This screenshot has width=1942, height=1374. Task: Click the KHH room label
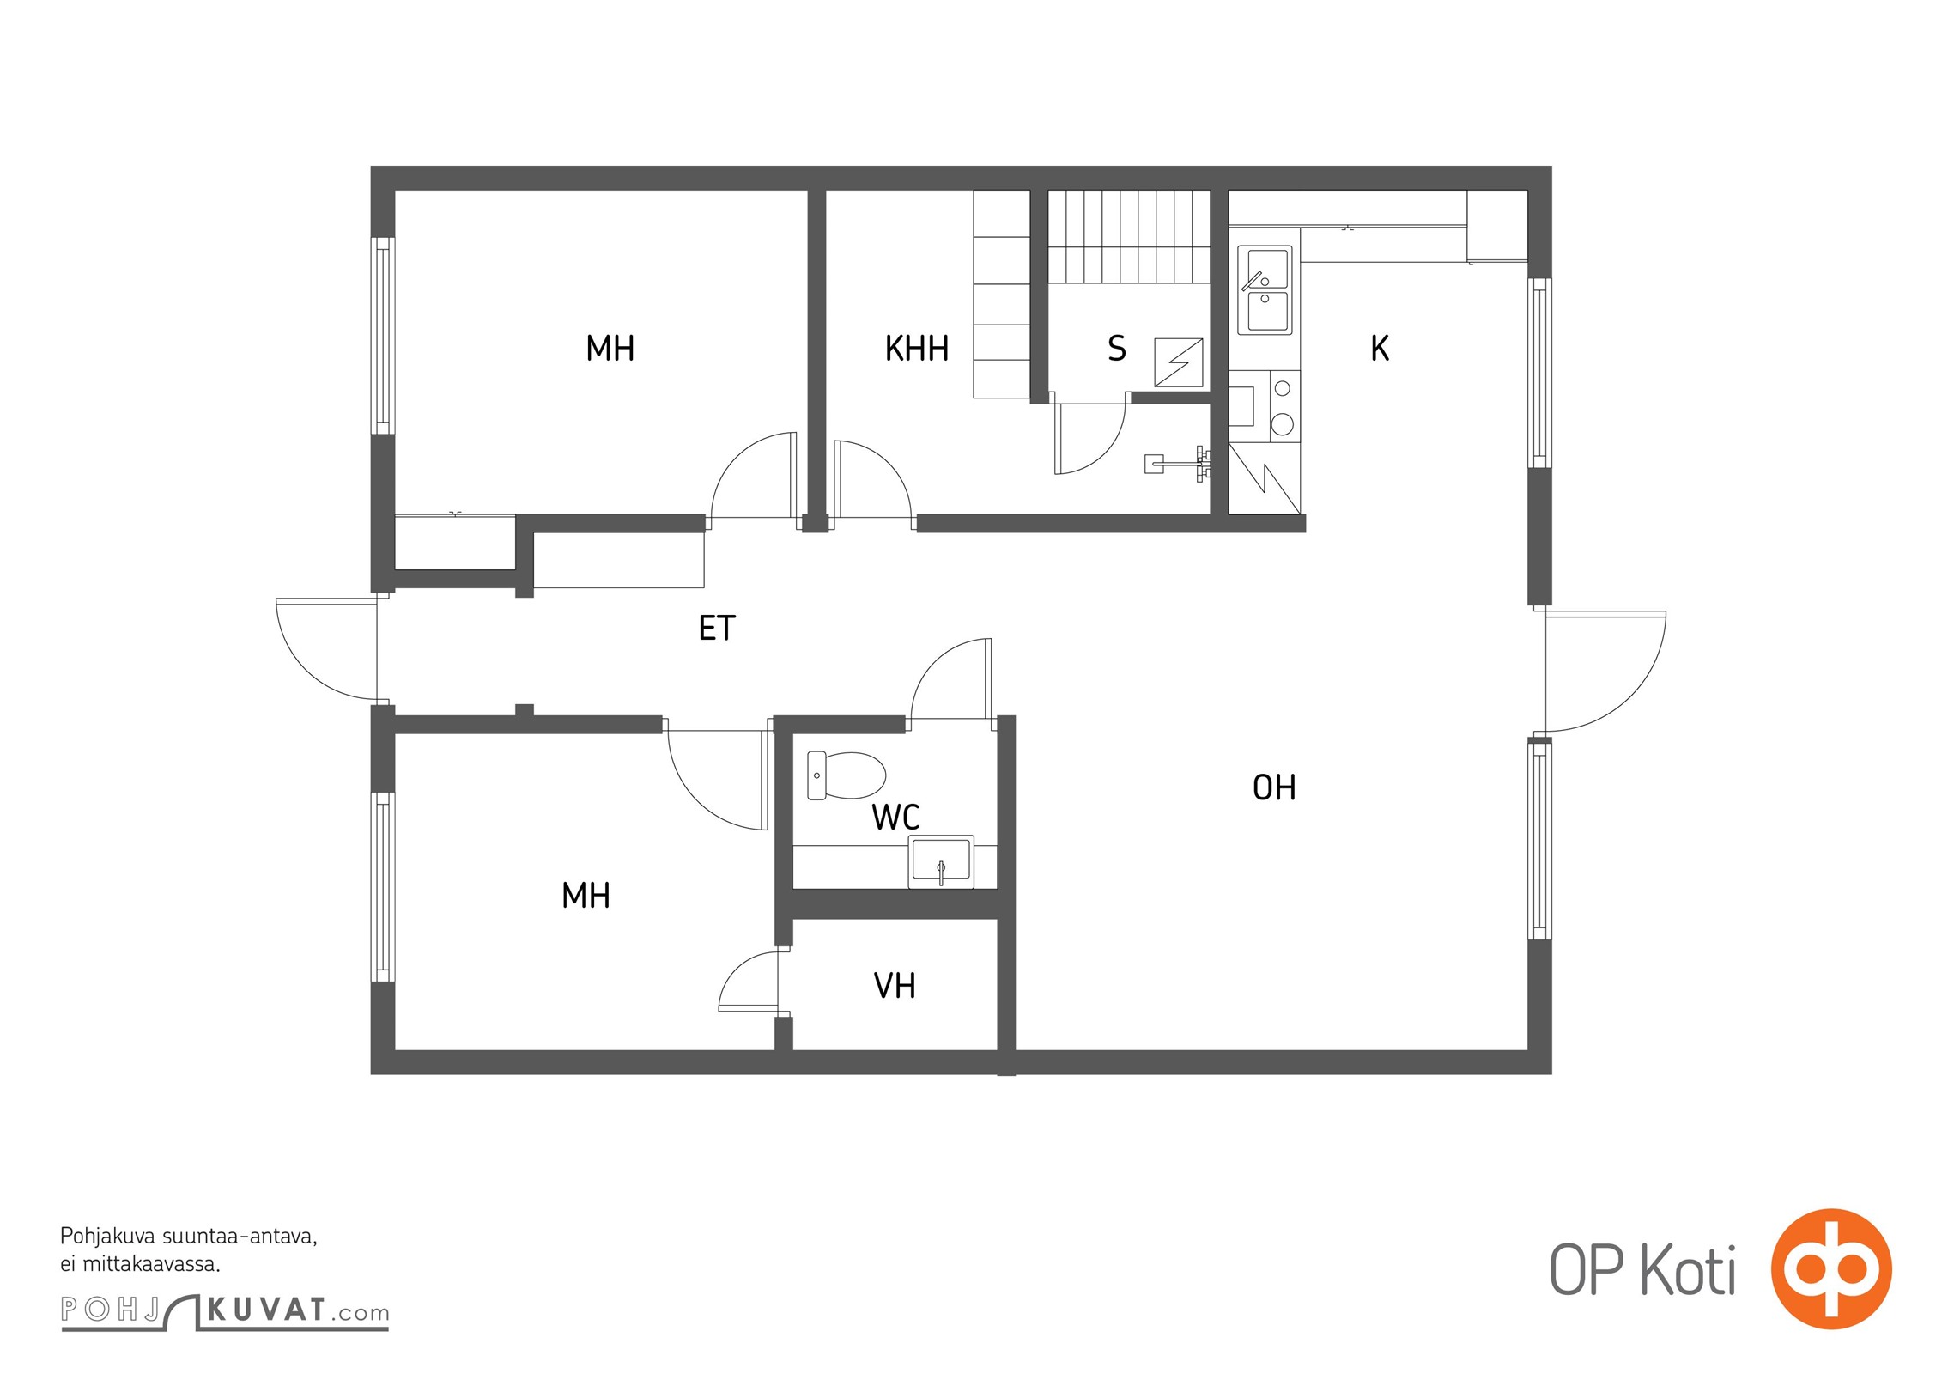tap(917, 349)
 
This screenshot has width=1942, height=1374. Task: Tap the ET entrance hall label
tap(717, 629)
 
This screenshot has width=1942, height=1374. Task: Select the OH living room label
tap(1274, 787)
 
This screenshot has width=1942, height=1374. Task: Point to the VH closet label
tap(895, 986)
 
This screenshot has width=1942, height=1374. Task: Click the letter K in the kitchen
tap(1380, 349)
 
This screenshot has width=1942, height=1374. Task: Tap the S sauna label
tap(1116, 349)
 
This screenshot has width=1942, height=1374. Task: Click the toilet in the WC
tap(847, 775)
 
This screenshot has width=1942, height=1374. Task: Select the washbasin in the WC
tap(941, 861)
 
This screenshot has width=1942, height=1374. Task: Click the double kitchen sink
tap(1265, 290)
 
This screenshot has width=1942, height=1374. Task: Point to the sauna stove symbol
tap(1179, 362)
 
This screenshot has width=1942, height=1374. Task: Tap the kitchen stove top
tap(1283, 406)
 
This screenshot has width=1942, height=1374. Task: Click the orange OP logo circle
tap(1831, 1268)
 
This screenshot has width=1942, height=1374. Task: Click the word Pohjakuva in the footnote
tap(107, 1237)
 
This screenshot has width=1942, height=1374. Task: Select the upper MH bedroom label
tap(610, 349)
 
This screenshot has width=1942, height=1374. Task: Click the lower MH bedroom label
tap(586, 896)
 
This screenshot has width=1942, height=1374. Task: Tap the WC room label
tap(895, 818)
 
